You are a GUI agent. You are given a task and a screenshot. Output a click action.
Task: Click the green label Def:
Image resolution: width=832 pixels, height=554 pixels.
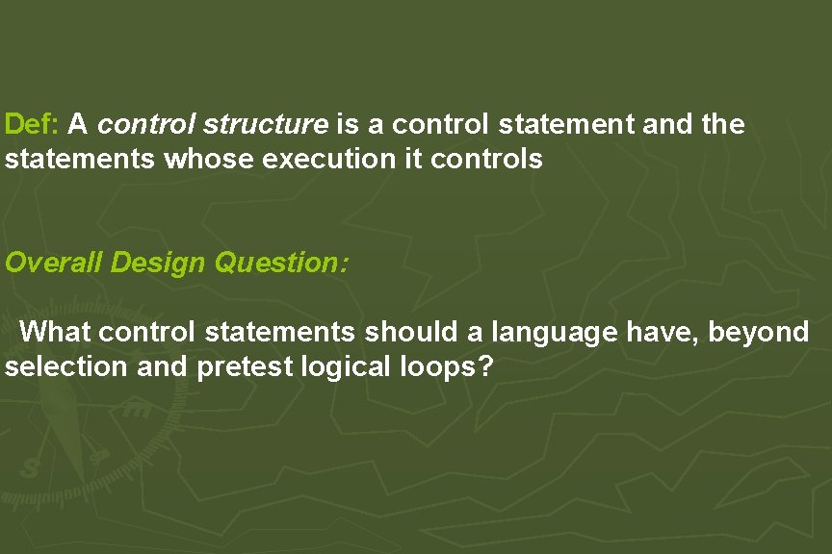pyautogui.click(x=33, y=124)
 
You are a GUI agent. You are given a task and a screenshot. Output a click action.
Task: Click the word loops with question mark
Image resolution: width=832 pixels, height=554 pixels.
pyautogui.click(x=447, y=366)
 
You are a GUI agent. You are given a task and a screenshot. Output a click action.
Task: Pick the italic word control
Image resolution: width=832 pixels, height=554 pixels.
pyautogui.click(x=146, y=124)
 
